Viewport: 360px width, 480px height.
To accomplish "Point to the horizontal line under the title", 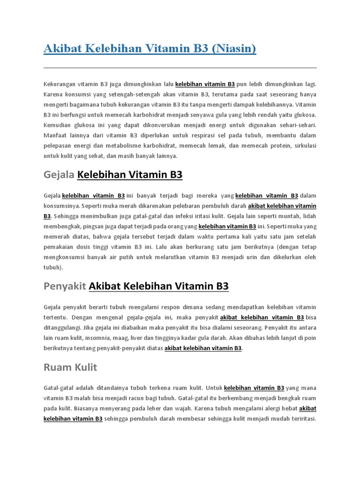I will [x=180, y=68].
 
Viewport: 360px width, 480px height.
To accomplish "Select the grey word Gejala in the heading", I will [x=59, y=175].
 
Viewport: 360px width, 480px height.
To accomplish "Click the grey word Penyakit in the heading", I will [x=64, y=286].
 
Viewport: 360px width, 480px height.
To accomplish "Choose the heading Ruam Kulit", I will [x=70, y=367].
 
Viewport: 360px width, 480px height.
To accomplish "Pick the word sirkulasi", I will [x=303, y=146].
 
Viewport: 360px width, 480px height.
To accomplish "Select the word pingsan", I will [x=93, y=226].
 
